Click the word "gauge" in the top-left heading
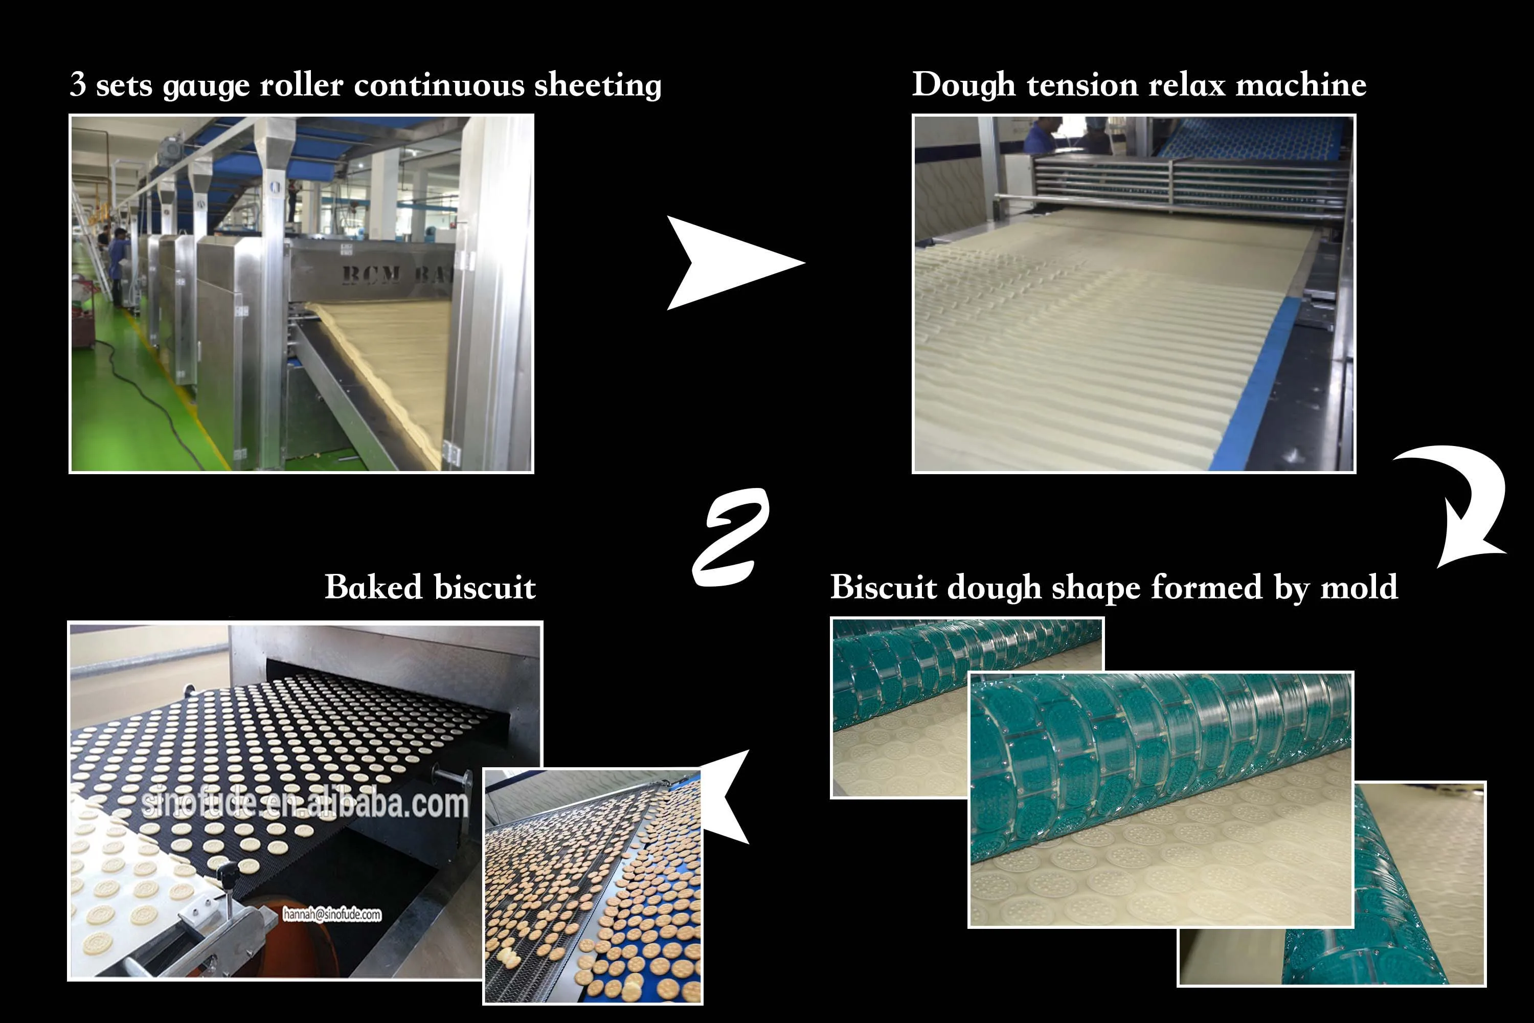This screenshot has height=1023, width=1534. [206, 86]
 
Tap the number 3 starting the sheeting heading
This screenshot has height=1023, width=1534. [78, 84]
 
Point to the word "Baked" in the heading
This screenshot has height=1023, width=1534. [373, 587]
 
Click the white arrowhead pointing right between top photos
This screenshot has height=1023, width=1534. [731, 262]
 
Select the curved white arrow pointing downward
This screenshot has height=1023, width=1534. [1468, 502]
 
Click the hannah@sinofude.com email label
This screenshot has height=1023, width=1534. [331, 914]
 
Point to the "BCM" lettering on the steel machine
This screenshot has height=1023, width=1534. [372, 274]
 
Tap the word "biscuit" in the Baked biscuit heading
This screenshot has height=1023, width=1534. [485, 587]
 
